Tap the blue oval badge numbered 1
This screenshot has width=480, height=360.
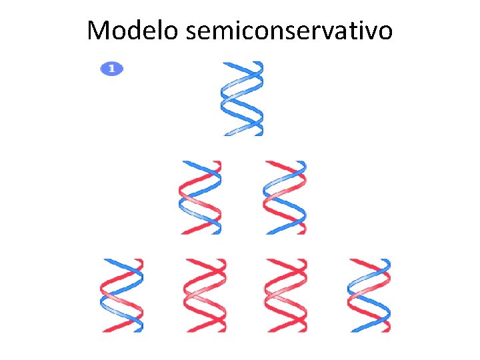(x=112, y=68)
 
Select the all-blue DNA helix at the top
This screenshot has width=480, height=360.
(x=243, y=99)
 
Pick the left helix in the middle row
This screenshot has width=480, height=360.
(x=201, y=197)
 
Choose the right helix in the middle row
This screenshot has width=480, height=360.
(x=285, y=197)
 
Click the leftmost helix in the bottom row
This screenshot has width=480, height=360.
(x=122, y=295)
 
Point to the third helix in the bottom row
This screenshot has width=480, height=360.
(x=285, y=295)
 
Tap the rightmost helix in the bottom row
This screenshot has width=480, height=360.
(x=369, y=295)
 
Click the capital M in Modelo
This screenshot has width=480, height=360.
(x=99, y=30)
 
